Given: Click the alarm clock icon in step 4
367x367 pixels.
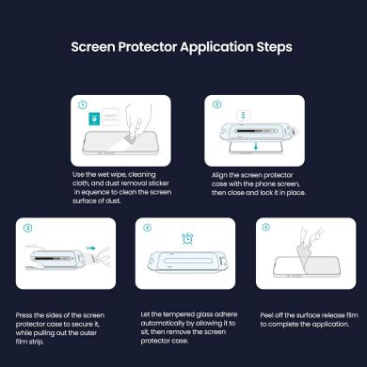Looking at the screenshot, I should tap(185, 238).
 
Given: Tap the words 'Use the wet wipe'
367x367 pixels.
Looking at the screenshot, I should tap(99, 175).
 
